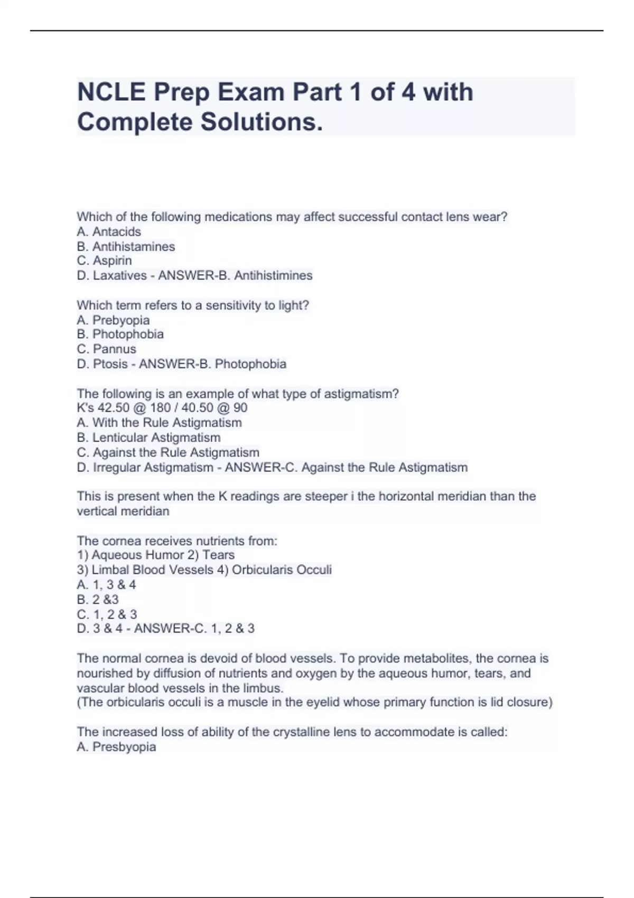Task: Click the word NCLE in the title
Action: [111, 92]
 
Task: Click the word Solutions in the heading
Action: [260, 123]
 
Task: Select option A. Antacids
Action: [109, 232]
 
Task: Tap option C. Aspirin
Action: [104, 261]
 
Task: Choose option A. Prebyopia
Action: [113, 320]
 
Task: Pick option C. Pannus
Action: [106, 349]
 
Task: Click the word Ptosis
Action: [110, 364]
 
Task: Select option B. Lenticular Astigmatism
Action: [148, 437]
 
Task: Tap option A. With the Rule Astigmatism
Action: [159, 423]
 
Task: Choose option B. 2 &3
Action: [98, 600]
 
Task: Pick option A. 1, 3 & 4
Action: [106, 585]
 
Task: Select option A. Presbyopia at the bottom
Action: [116, 747]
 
